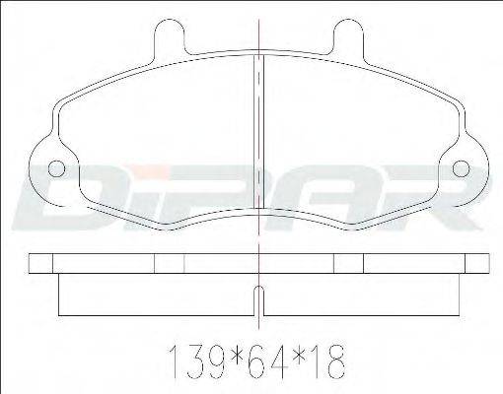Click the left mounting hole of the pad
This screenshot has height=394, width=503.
click(x=56, y=169)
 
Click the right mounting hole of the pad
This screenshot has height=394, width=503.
click(x=462, y=169)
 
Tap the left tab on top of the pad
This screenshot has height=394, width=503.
click(x=170, y=39)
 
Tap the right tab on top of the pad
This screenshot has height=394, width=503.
click(x=348, y=39)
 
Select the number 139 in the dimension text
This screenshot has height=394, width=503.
click(x=197, y=361)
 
